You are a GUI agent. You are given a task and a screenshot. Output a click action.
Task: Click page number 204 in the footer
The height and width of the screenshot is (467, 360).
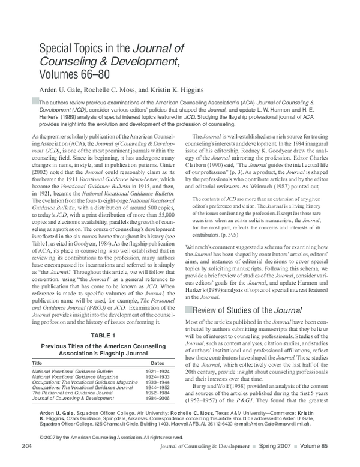pyautogui.click(x=26, y=461)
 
